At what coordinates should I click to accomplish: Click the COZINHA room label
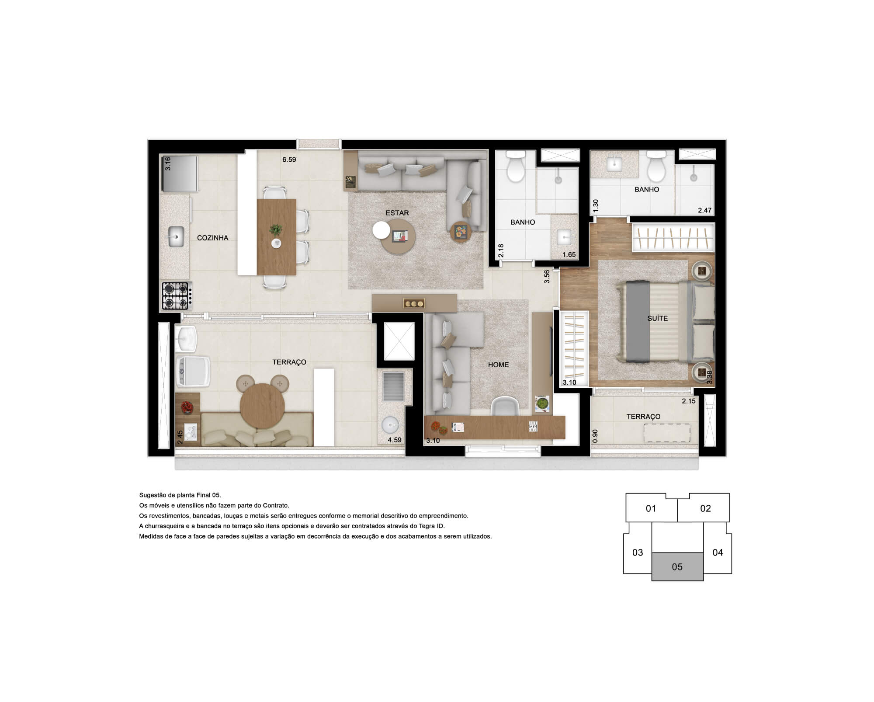(x=212, y=238)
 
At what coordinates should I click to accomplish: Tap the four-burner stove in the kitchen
(x=175, y=296)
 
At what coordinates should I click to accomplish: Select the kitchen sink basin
(x=176, y=236)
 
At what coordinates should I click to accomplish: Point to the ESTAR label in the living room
(x=397, y=213)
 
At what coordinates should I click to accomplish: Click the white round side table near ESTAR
(x=382, y=229)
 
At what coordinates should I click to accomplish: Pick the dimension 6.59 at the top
(x=289, y=160)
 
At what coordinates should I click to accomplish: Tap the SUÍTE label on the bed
(x=657, y=318)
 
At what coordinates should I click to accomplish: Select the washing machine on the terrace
(x=192, y=371)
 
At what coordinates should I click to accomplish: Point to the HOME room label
(x=498, y=365)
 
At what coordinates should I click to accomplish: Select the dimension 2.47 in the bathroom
(x=704, y=210)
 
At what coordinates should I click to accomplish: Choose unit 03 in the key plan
(x=638, y=553)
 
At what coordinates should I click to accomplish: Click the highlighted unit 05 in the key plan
(x=677, y=566)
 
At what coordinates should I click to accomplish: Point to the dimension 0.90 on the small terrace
(x=595, y=436)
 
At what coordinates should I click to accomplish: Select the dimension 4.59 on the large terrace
(x=394, y=440)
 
